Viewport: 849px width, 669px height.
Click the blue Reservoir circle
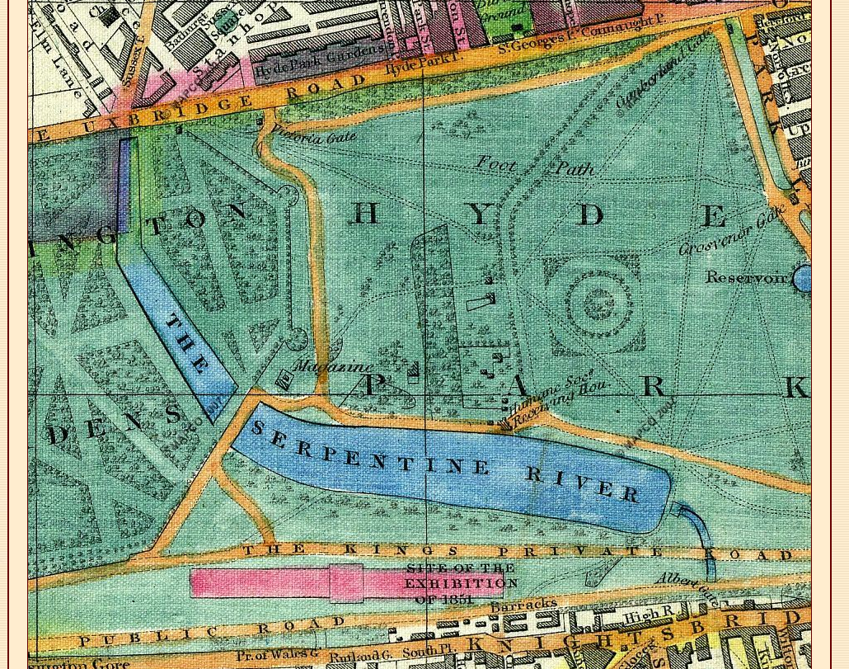803,279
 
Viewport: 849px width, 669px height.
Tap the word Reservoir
746,278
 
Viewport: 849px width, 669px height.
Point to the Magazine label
333,366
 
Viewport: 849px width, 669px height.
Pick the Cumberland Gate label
664,71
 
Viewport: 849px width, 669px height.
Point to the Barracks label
523,605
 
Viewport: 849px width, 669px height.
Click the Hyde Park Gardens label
320,61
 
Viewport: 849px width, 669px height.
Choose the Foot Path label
535,167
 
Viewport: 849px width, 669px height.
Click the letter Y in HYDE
479,214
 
